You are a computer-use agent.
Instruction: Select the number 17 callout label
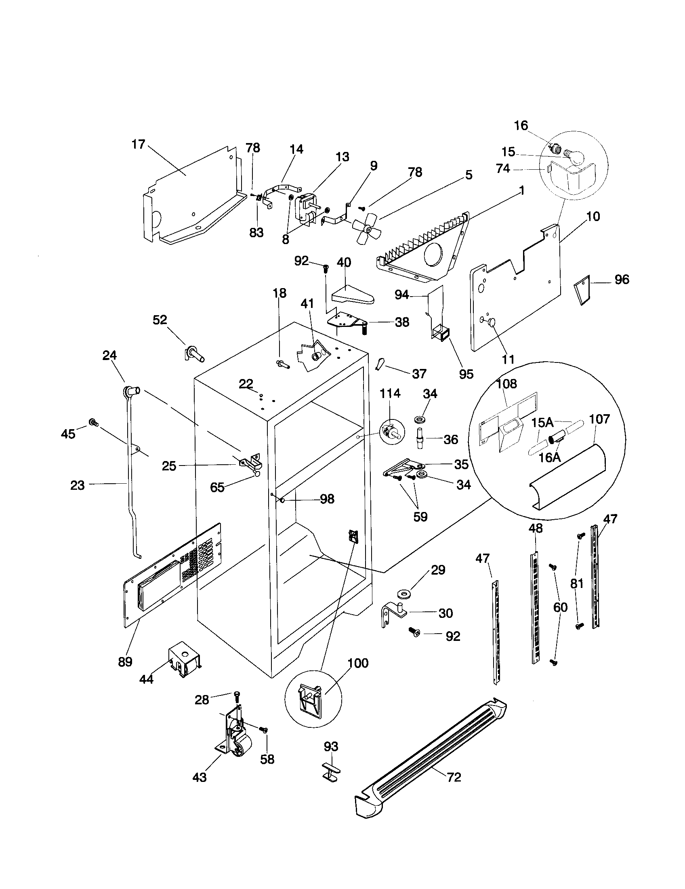[138, 145]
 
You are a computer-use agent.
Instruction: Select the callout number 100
[358, 663]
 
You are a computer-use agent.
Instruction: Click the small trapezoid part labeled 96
[582, 289]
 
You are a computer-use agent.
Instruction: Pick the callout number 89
[125, 662]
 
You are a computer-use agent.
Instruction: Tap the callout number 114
[390, 394]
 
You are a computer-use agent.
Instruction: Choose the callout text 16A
[550, 457]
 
